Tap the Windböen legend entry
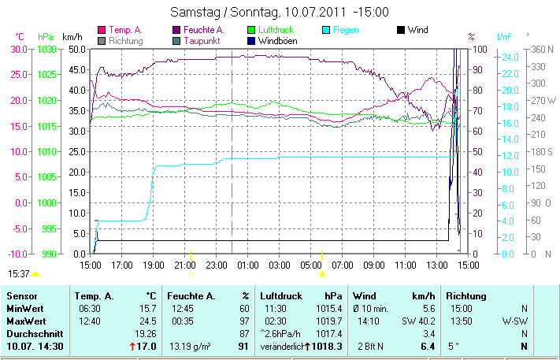[x=277, y=40]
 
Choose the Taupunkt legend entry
[x=202, y=40]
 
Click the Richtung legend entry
[x=126, y=40]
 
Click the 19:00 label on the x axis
[x=154, y=265]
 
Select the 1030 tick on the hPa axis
[x=46, y=49]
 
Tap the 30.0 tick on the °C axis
[x=20, y=49]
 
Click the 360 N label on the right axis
[x=544, y=49]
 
